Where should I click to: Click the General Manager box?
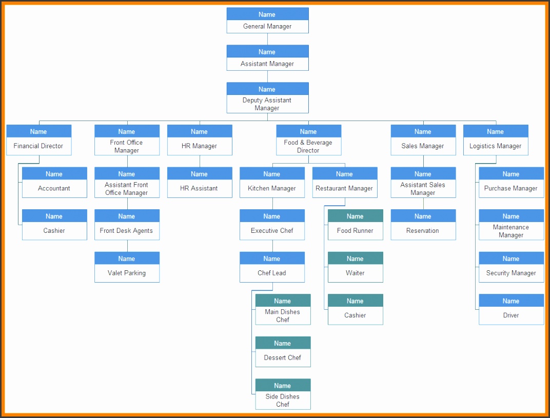[x=268, y=21]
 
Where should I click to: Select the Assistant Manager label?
[x=267, y=64]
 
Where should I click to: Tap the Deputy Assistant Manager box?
[x=268, y=98]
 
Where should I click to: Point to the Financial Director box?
[x=39, y=140]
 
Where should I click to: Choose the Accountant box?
[x=54, y=183]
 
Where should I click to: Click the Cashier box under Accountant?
[x=54, y=225]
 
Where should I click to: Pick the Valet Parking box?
[x=127, y=267]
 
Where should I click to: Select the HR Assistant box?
[x=200, y=183]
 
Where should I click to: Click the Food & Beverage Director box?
[x=309, y=140]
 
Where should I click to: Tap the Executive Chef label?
[x=272, y=231]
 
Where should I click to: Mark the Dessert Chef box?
[x=283, y=352]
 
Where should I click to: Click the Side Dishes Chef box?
[x=283, y=394]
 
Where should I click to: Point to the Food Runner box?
[x=356, y=225]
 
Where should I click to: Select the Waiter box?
[x=356, y=267]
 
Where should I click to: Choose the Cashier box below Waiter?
[x=356, y=310]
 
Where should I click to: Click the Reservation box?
[x=423, y=225]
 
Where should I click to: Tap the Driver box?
[x=512, y=310]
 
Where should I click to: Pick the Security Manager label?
[x=511, y=273]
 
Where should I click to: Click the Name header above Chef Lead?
[x=272, y=258]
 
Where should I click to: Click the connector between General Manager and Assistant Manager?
[x=268, y=39]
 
